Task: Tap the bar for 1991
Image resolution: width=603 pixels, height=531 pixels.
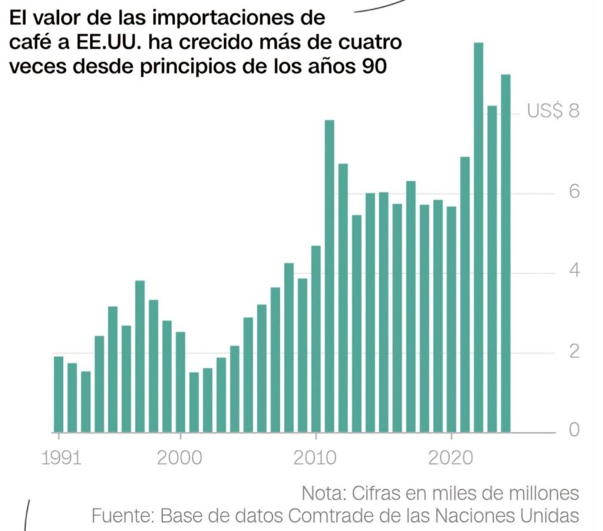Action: [59, 394]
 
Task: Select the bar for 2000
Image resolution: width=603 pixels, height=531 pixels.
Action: [180, 381]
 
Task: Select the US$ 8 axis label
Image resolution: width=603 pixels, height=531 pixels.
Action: [553, 111]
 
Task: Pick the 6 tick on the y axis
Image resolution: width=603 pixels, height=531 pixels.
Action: [573, 192]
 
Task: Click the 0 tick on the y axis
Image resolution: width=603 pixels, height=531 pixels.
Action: [573, 430]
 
